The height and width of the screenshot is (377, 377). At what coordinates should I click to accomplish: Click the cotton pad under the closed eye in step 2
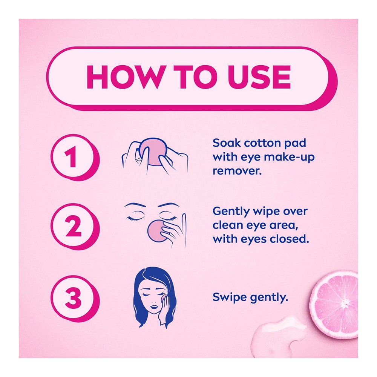coord(156,231)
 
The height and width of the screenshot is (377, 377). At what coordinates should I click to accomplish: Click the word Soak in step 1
coord(227,143)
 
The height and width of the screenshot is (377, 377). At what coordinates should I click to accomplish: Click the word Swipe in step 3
coord(230,297)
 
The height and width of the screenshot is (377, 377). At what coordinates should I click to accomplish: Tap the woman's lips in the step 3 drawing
coord(154,307)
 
